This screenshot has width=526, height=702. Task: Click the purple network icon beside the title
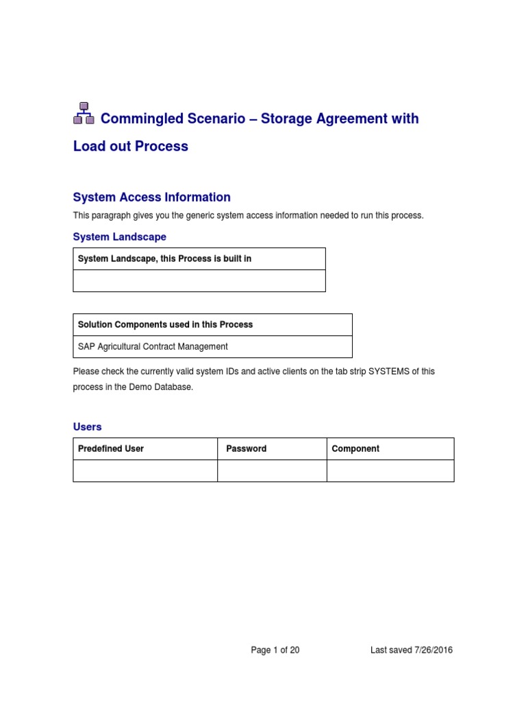(84, 114)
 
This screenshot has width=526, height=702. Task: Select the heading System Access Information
(151, 197)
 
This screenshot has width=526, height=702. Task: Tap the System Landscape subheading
(119, 237)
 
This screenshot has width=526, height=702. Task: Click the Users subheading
(87, 426)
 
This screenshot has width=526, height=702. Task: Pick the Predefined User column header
(111, 449)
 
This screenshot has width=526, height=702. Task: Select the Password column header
(246, 449)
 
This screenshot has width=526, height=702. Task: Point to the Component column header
(355, 449)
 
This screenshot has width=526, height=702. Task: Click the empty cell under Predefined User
(145, 471)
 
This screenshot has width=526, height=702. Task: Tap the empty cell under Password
(272, 471)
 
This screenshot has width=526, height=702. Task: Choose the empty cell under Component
(390, 471)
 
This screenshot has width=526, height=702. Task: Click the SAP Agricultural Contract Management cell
(153, 347)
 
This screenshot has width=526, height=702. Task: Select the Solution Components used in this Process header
(165, 325)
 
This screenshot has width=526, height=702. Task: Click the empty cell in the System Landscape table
(199, 281)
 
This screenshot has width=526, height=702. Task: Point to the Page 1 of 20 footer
(275, 651)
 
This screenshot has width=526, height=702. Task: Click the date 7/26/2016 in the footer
(433, 651)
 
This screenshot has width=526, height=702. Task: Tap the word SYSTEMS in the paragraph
(388, 372)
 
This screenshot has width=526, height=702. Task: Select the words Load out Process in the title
(130, 146)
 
